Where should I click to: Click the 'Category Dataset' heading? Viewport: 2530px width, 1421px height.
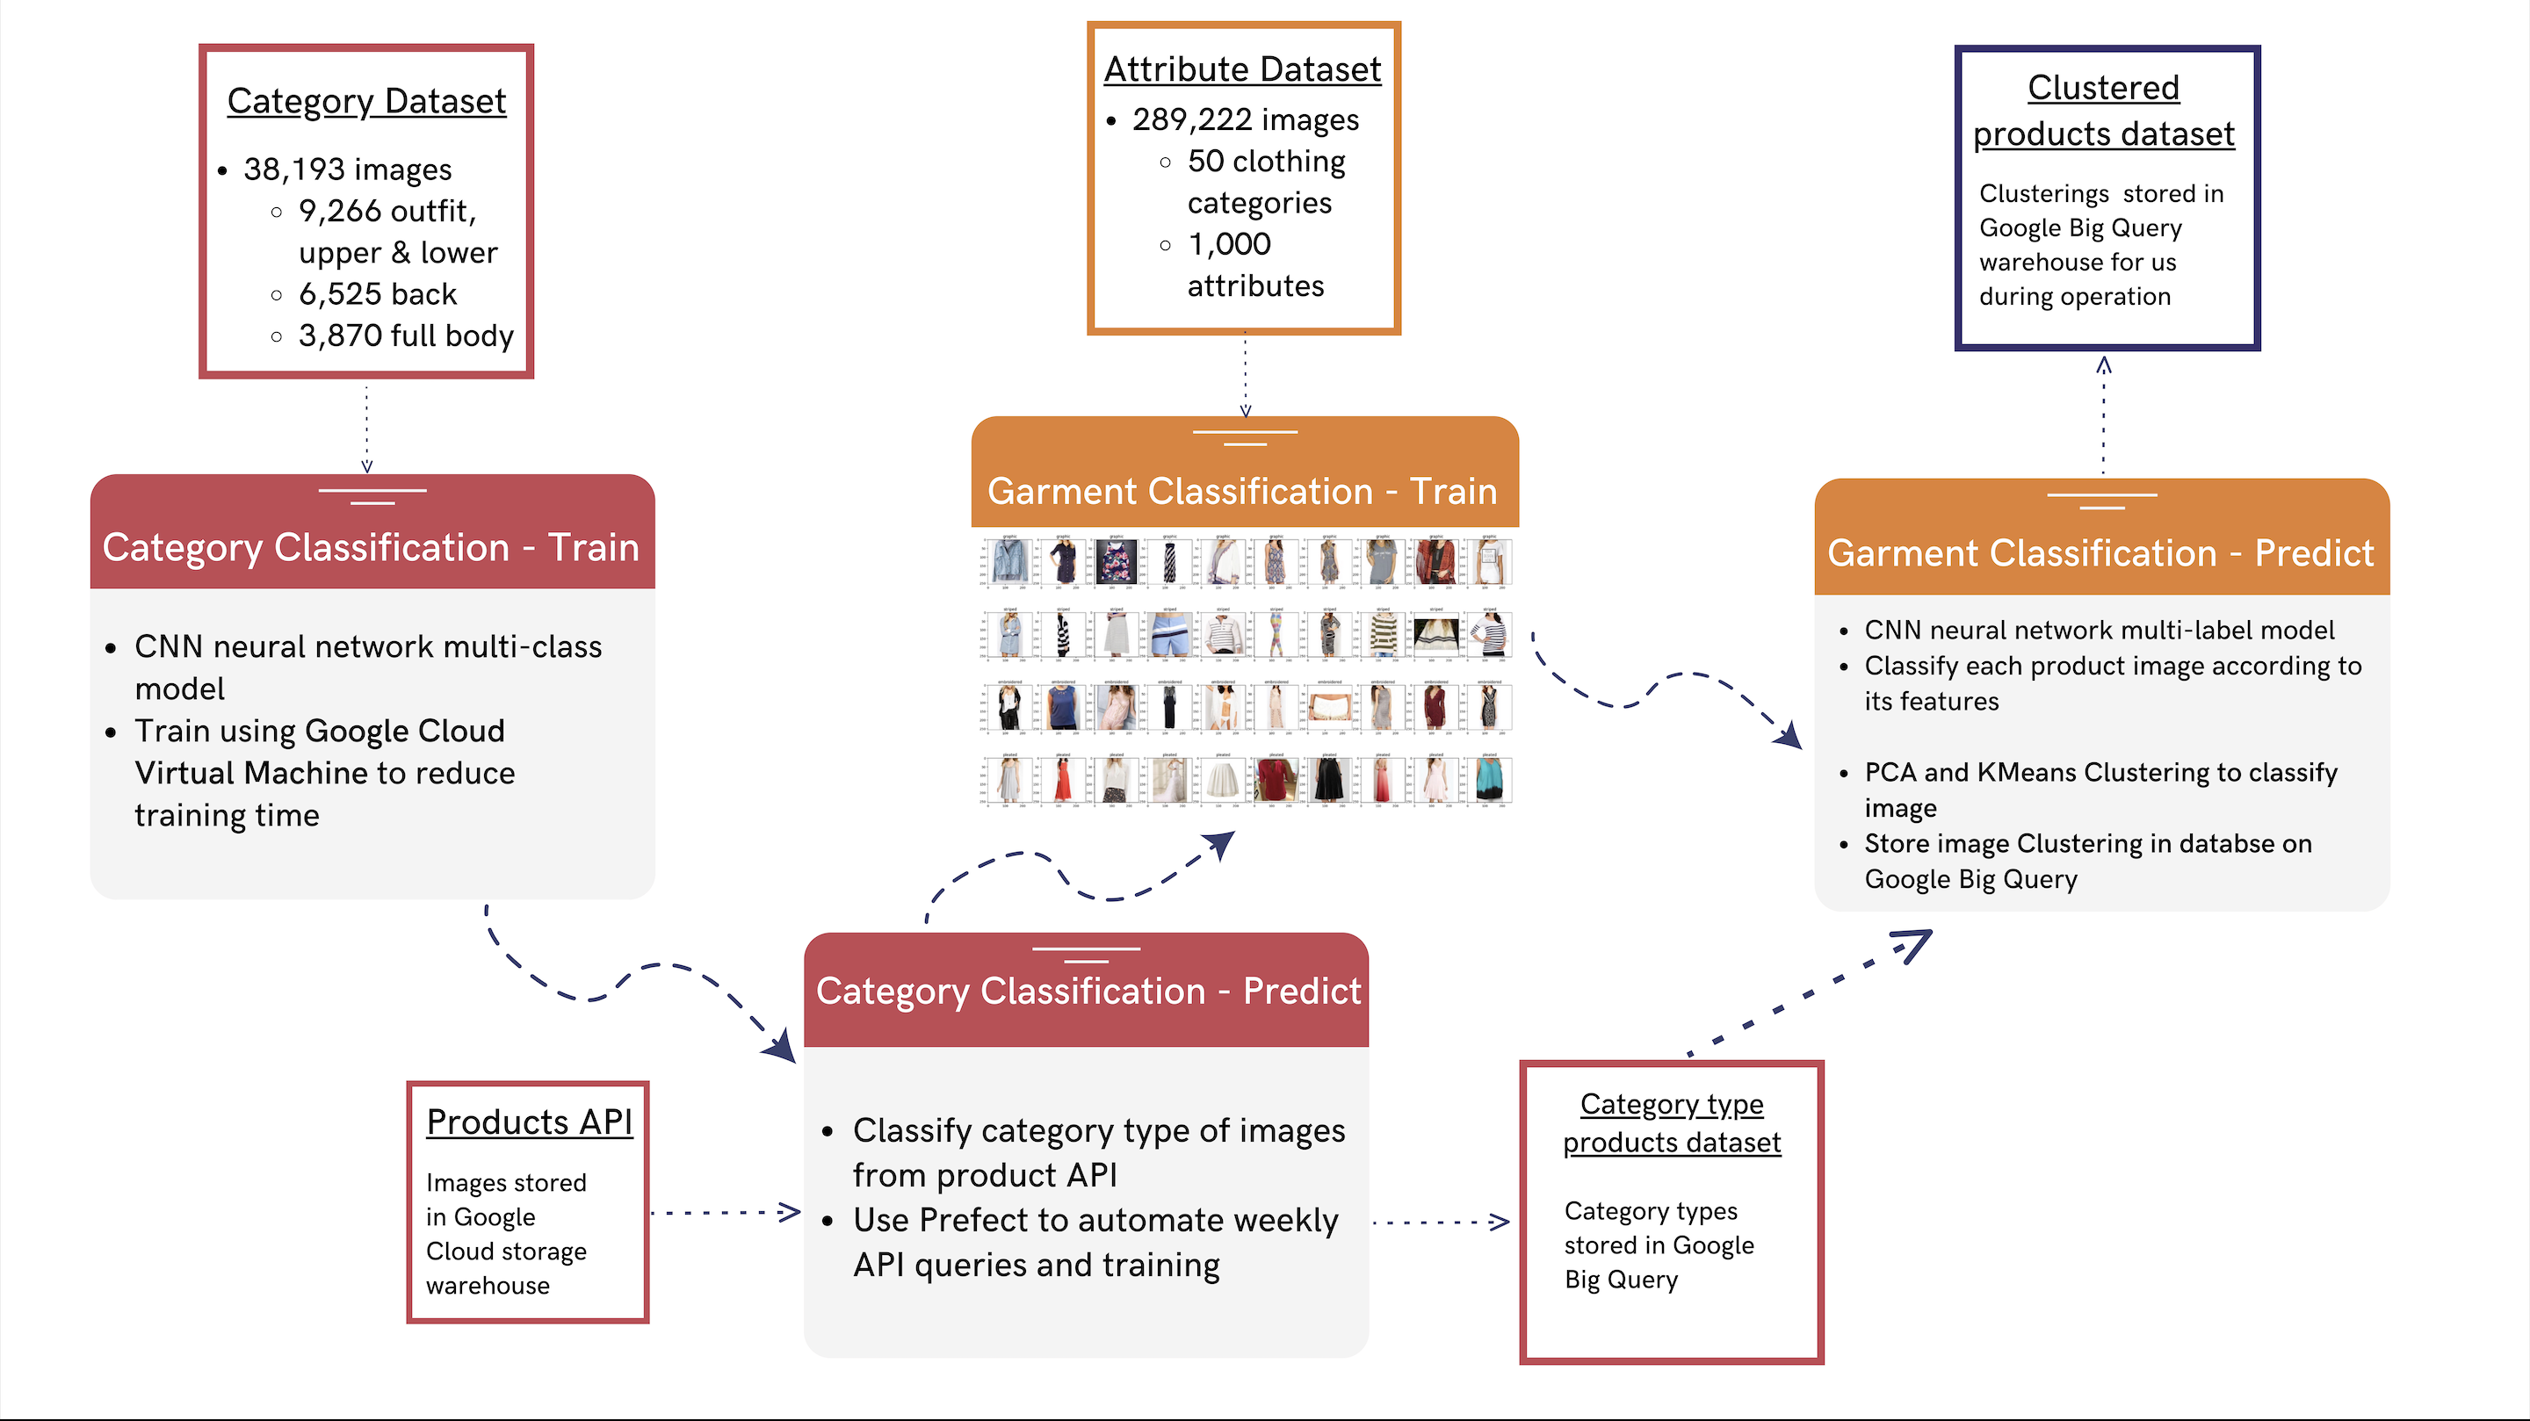366,101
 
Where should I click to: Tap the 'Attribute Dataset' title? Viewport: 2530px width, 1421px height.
1242,69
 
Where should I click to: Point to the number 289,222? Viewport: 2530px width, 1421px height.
1191,119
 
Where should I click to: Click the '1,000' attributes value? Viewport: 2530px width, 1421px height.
1229,243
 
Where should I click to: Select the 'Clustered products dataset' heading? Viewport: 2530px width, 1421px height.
2103,110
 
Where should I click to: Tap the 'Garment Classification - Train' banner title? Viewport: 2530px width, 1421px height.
1241,491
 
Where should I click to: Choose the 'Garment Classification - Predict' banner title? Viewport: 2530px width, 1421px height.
2100,554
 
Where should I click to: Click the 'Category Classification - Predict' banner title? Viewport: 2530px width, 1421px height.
1088,992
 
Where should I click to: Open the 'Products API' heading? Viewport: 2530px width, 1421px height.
528,1122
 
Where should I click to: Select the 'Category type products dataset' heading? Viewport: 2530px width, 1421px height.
1672,1123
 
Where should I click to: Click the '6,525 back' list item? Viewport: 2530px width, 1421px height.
377,294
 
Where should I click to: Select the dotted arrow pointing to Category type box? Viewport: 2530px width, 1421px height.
1440,1223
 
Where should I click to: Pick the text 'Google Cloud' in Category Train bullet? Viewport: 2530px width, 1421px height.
404,732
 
